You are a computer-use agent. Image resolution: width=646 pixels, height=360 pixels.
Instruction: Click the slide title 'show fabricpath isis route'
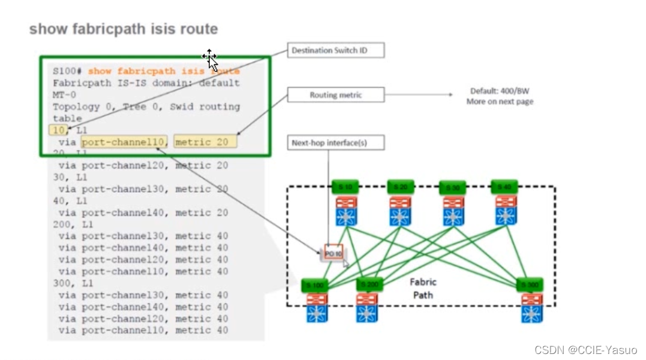coord(123,29)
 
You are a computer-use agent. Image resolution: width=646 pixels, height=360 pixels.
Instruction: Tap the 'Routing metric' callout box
coord(335,95)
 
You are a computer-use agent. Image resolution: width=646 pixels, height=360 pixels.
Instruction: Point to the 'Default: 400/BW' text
coord(500,91)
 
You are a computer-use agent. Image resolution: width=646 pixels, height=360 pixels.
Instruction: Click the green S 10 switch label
coord(347,187)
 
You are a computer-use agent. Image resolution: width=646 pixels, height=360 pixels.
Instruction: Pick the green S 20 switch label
coord(401,187)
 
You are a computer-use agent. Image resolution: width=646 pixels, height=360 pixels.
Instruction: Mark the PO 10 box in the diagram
coord(333,253)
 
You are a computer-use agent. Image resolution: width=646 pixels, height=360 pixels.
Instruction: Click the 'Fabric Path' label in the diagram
coord(422,288)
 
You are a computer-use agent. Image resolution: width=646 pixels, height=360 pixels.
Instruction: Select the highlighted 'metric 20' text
coord(205,142)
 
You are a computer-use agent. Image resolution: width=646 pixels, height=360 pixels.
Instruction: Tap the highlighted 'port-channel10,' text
coord(124,142)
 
